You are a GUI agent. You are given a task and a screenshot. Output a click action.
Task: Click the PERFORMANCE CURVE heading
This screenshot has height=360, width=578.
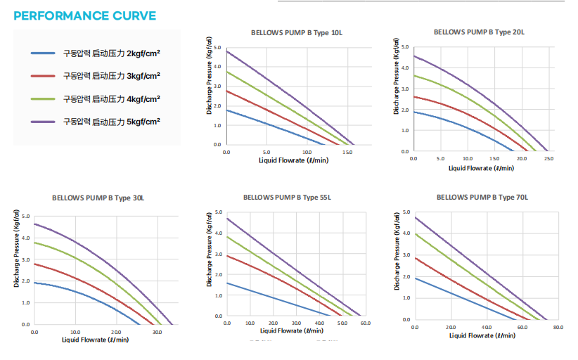[85, 15]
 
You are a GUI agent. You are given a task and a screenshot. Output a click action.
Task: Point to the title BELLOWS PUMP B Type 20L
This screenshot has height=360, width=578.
[479, 32]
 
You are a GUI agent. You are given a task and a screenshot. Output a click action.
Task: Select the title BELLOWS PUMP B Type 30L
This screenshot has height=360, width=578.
[98, 198]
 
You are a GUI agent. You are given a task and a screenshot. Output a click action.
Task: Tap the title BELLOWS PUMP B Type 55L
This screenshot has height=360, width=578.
[287, 198]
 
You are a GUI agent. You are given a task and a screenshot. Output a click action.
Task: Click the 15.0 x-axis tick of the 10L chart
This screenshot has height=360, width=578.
[347, 152]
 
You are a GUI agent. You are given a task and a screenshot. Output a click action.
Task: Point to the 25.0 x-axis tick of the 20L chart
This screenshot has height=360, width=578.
[549, 159]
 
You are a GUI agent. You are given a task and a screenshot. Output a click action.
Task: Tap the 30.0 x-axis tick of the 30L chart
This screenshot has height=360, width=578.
[157, 332]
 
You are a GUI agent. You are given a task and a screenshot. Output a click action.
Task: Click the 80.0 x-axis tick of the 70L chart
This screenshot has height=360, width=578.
[558, 327]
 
